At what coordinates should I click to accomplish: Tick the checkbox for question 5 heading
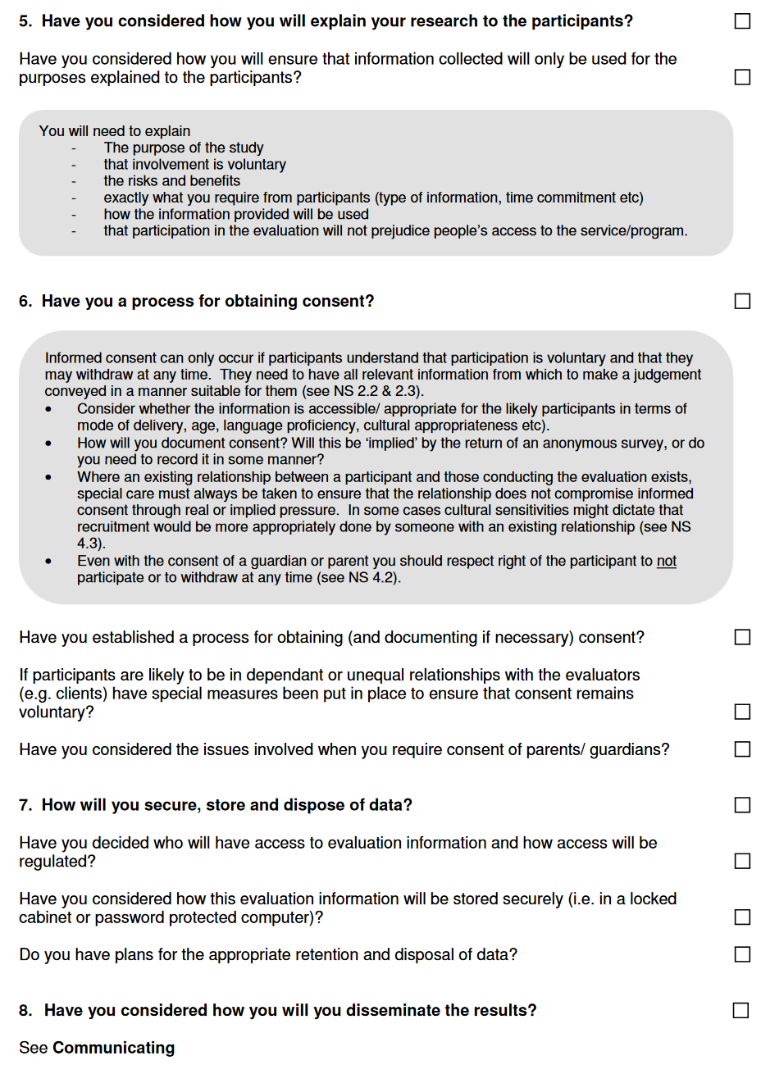[x=742, y=21]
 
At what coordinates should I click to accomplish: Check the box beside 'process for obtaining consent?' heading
[x=742, y=302]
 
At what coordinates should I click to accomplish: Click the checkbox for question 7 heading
[x=742, y=805]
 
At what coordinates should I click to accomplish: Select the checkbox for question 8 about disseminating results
[x=741, y=1010]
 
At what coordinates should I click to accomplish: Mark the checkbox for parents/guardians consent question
[x=742, y=749]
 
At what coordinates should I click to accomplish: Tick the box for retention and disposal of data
[x=742, y=954]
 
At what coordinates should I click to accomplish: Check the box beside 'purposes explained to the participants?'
[x=742, y=77]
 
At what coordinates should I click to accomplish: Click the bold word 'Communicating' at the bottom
[x=113, y=1048]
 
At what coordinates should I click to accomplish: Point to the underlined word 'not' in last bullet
[x=666, y=561]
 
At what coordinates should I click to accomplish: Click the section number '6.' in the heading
[x=25, y=302]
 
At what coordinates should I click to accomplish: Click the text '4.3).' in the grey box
[x=91, y=544]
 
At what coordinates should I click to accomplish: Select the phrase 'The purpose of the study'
[x=184, y=148]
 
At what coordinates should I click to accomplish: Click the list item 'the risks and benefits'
[x=171, y=181]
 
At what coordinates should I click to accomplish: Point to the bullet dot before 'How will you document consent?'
[x=50, y=444]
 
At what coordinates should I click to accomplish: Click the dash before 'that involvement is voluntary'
[x=75, y=165]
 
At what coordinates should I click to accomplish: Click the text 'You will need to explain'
[x=114, y=131]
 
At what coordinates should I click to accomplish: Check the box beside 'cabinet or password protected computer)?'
[x=742, y=917]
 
